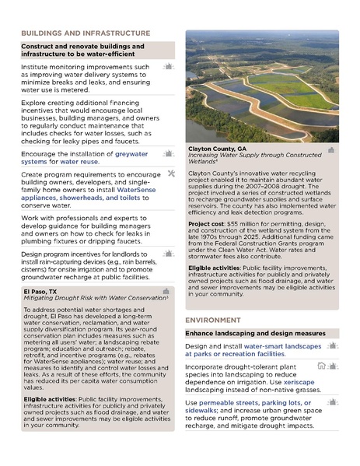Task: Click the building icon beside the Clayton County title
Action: tap(331, 149)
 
